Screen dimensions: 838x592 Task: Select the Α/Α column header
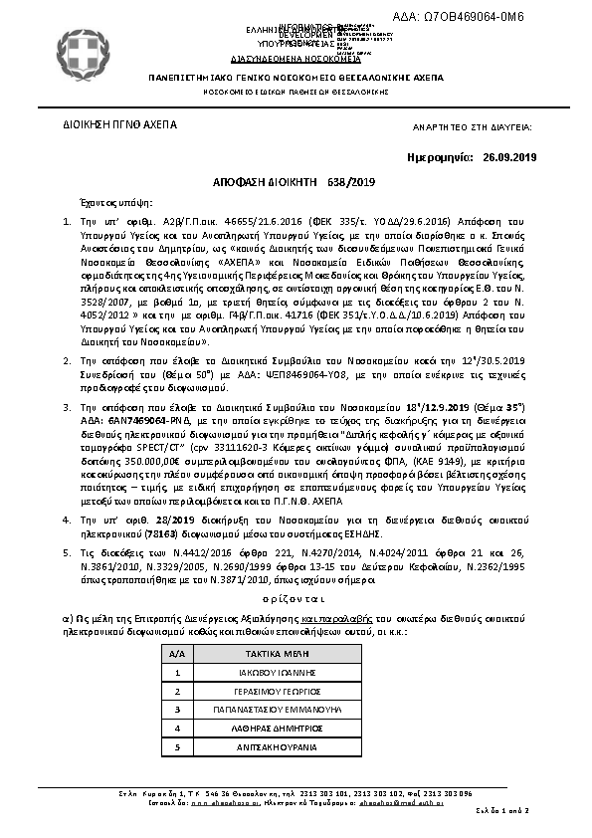pos(178,654)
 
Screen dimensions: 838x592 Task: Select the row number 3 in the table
pos(178,709)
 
